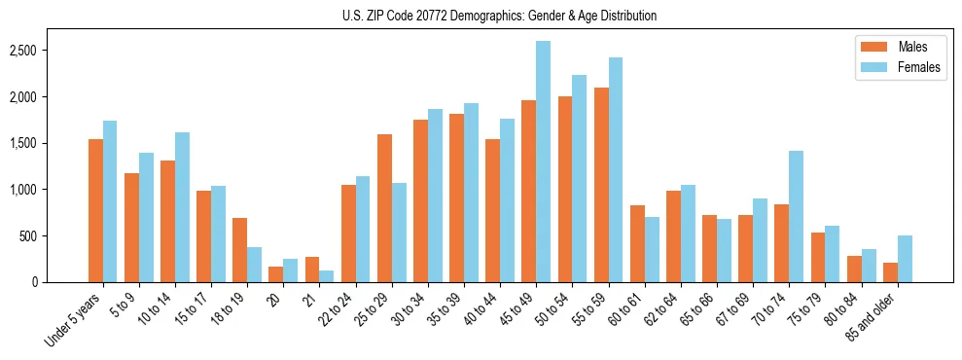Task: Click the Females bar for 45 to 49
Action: (x=543, y=162)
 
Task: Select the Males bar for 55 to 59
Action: (x=601, y=185)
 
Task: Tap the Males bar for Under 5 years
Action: (x=95, y=210)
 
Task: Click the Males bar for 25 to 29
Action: (x=384, y=208)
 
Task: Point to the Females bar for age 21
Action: (x=327, y=276)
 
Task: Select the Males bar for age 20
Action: (x=276, y=274)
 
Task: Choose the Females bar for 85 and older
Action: (x=905, y=259)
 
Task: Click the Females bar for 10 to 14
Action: (x=183, y=207)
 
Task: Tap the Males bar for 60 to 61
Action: (x=637, y=243)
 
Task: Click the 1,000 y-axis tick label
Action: (x=50, y=190)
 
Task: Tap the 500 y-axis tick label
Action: (x=55, y=236)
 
